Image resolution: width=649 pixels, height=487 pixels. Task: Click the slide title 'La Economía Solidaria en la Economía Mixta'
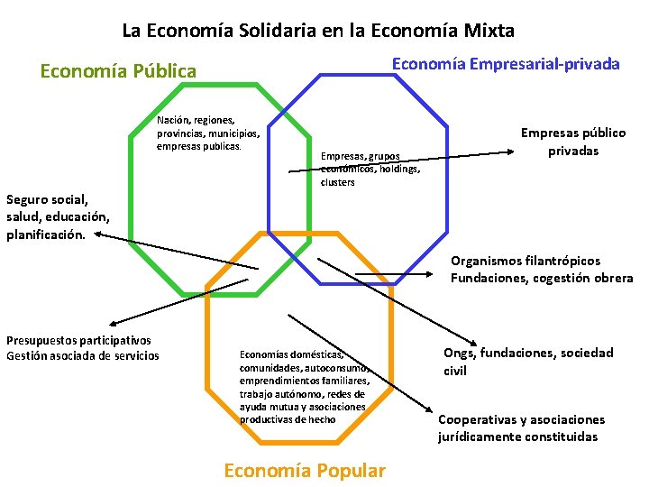click(318, 31)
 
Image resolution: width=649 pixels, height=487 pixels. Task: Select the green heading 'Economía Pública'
click(118, 70)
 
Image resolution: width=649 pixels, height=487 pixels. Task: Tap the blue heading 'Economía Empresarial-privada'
click(505, 64)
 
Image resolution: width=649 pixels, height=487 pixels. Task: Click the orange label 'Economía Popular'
click(304, 470)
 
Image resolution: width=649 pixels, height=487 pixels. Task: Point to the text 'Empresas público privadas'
click(572, 142)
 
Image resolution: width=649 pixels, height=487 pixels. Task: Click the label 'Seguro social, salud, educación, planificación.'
click(57, 216)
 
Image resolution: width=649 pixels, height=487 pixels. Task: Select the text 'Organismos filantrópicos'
click(526, 262)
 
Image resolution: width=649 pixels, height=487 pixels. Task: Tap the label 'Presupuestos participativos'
click(78, 340)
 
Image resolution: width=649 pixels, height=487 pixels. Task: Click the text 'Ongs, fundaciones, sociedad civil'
click(527, 362)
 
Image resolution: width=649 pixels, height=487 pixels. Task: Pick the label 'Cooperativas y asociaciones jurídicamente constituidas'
click(521, 428)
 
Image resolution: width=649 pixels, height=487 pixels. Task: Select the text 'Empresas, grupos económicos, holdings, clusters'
click(370, 169)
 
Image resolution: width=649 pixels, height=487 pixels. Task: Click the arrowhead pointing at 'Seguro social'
click(98, 235)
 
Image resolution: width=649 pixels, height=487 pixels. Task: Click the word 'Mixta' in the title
click(488, 31)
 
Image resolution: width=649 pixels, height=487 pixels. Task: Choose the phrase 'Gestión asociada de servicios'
click(82, 355)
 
